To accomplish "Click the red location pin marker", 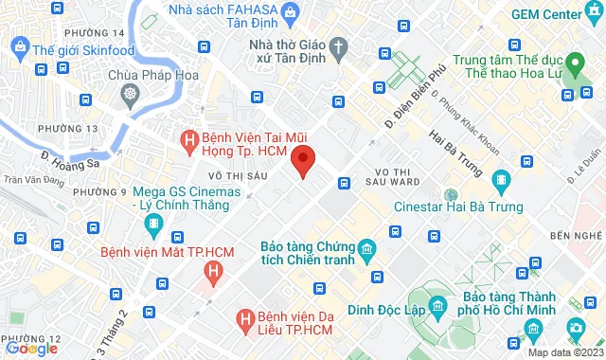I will [x=302, y=160].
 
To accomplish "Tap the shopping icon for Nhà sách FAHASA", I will [x=290, y=14].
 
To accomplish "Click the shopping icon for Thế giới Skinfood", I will [x=18, y=47].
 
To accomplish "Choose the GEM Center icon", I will [x=593, y=14].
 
